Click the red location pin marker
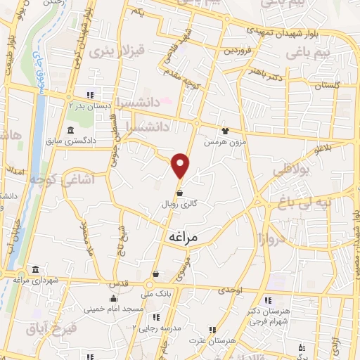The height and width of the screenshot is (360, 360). tap(181, 165)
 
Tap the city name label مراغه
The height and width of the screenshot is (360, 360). tap(185, 238)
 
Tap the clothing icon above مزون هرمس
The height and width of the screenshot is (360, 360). tap(225, 130)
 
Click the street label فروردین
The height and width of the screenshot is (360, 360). tap(238, 51)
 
